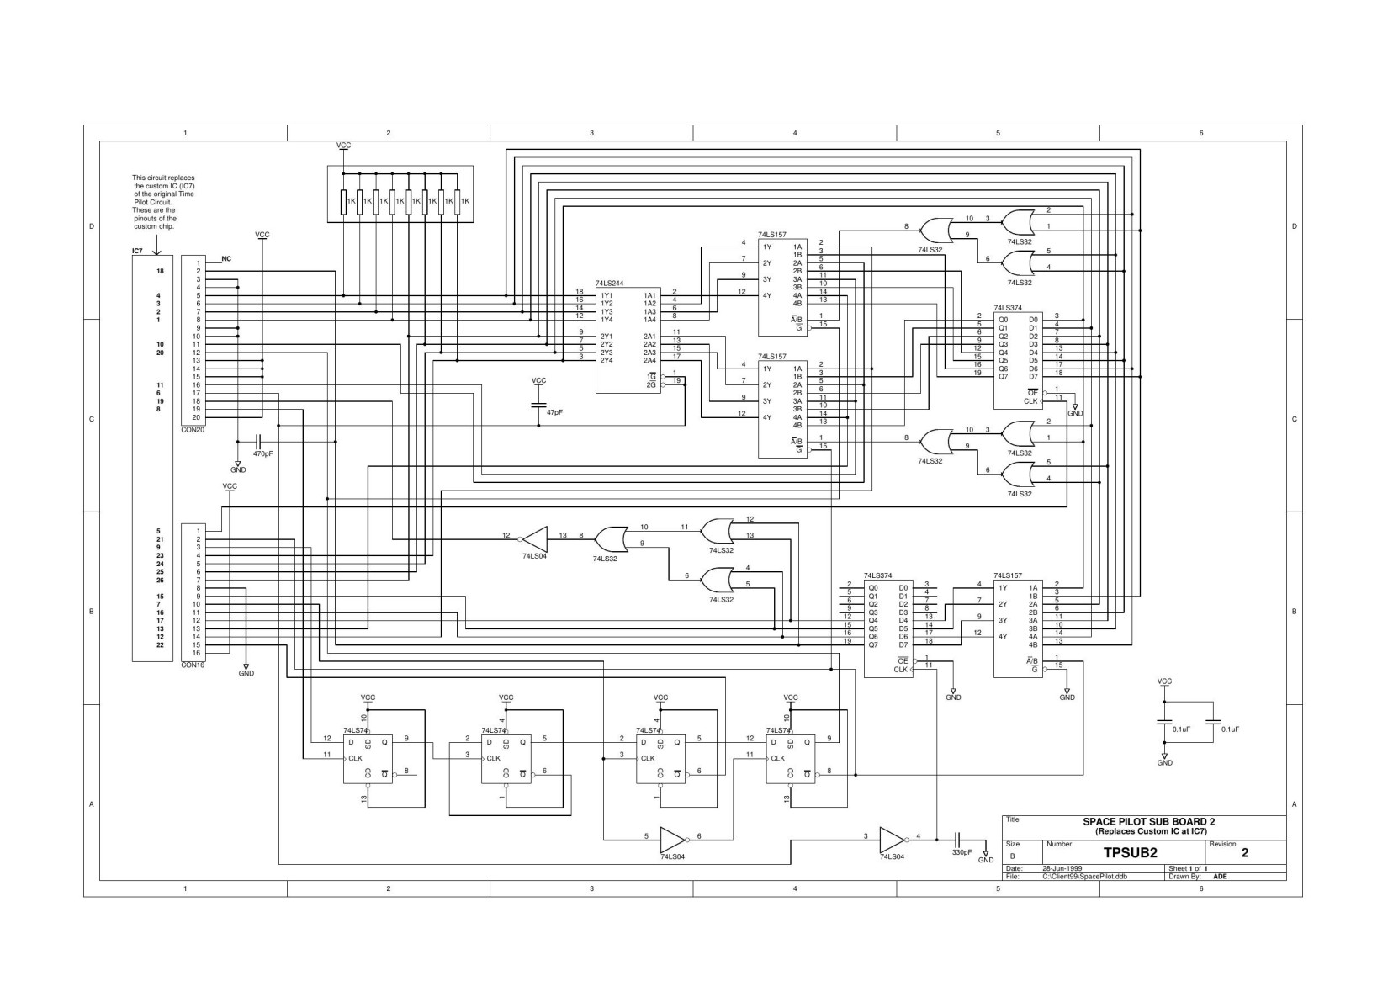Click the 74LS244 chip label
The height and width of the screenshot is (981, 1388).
609,284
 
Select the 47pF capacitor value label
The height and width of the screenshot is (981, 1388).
554,413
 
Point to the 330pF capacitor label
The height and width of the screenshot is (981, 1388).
962,852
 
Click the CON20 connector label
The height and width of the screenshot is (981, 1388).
193,429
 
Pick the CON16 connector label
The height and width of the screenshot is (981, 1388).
193,665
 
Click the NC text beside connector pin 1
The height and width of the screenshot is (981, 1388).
226,259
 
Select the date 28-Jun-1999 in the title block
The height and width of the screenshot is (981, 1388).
1062,868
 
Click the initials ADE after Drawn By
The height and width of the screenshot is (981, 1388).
1220,876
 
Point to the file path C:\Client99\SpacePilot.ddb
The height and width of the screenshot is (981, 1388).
1084,876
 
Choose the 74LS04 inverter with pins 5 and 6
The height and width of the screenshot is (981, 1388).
673,838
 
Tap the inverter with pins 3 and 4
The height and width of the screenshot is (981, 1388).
892,838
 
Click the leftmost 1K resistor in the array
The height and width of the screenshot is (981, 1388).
343,202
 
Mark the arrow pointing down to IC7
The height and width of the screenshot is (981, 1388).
156,241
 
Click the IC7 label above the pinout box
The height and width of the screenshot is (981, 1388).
138,251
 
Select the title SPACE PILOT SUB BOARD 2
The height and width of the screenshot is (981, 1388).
1148,821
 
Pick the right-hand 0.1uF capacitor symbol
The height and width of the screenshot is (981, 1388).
1212,721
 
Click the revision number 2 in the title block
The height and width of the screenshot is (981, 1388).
1245,853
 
